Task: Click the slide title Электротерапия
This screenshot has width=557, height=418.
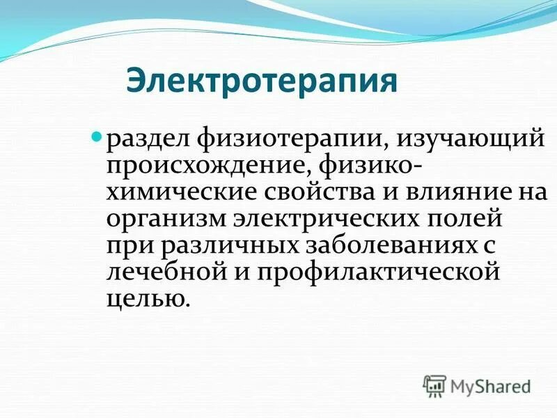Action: click(x=262, y=80)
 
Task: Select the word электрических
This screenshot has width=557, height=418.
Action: click(x=331, y=218)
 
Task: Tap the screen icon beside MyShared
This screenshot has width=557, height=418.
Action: click(x=434, y=385)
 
